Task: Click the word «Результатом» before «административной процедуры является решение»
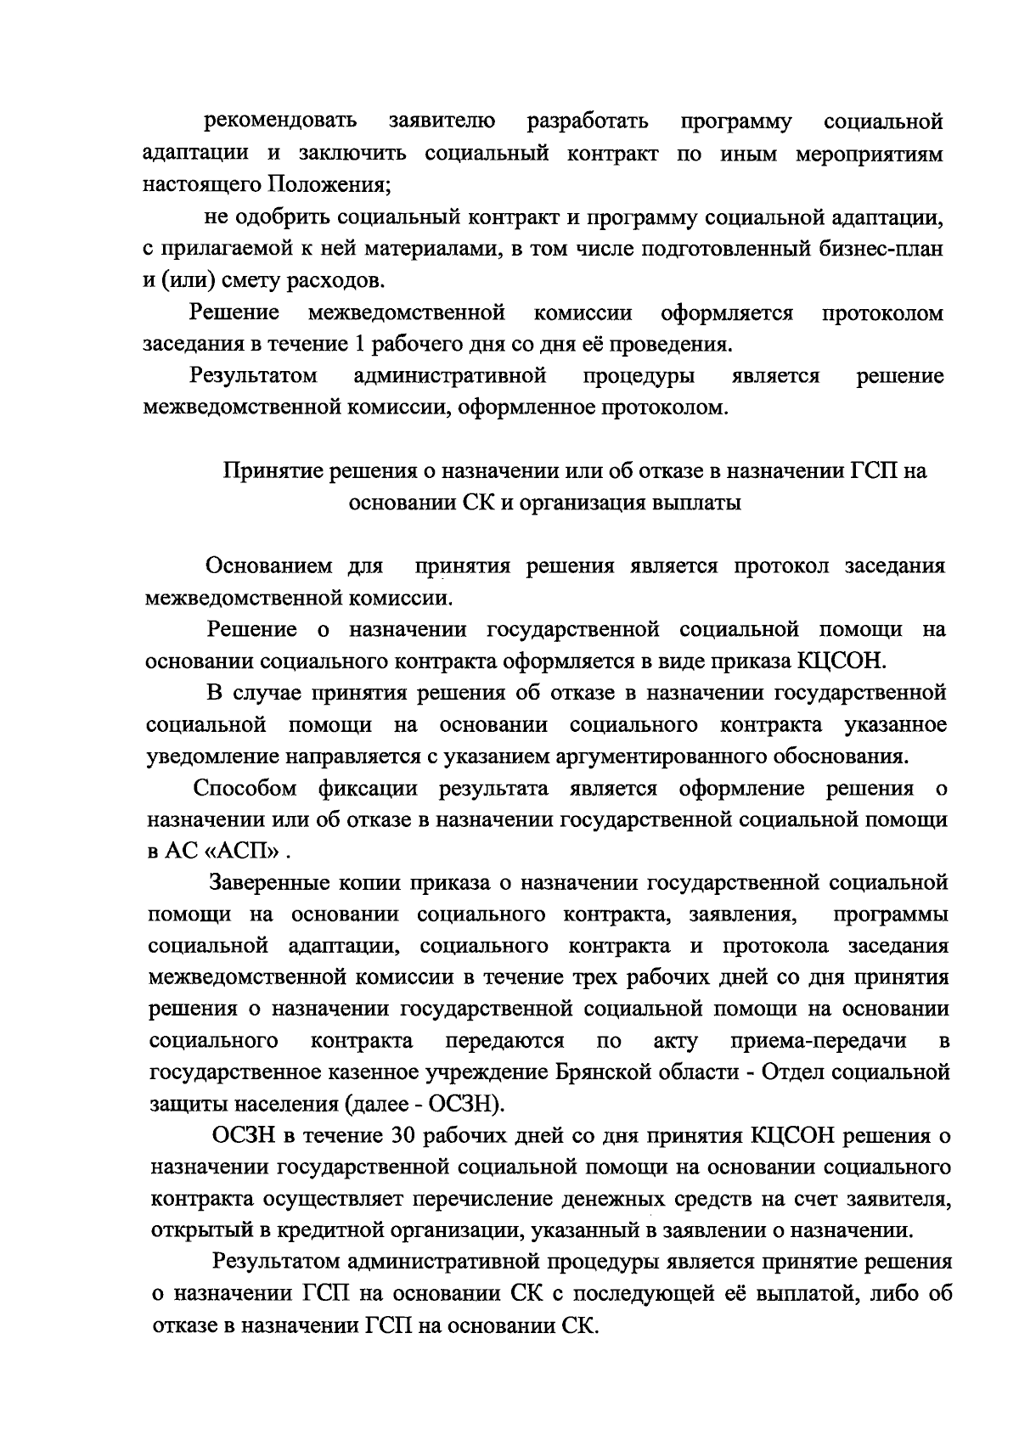pos(254,375)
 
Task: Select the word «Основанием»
pos(269,566)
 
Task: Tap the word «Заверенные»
pos(271,883)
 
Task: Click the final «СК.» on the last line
pos(581,1325)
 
